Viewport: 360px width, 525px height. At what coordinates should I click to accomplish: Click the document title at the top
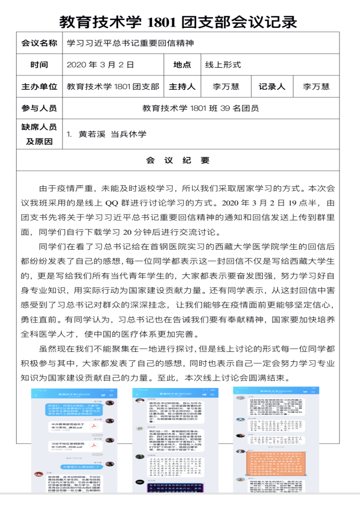[178, 22]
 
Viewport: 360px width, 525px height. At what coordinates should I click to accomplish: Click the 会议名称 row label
[39, 43]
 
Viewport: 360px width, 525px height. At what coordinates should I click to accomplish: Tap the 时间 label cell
[39, 65]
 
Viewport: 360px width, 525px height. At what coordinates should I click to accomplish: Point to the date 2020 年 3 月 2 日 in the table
[100, 65]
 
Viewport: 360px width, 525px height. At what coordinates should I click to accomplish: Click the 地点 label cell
[182, 65]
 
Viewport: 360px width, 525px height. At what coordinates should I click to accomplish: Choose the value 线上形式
[223, 65]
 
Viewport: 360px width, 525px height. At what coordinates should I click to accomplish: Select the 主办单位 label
[39, 87]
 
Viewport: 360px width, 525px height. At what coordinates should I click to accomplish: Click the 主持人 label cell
[182, 87]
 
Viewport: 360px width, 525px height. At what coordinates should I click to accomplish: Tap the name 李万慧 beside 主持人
[226, 87]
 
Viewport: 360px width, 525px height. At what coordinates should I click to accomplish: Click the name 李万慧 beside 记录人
[316, 87]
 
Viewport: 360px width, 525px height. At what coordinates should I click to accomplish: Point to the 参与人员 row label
[39, 109]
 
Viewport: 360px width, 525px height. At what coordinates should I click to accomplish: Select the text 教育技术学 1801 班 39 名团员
[200, 109]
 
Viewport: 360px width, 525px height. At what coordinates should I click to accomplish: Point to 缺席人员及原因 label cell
[39, 134]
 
